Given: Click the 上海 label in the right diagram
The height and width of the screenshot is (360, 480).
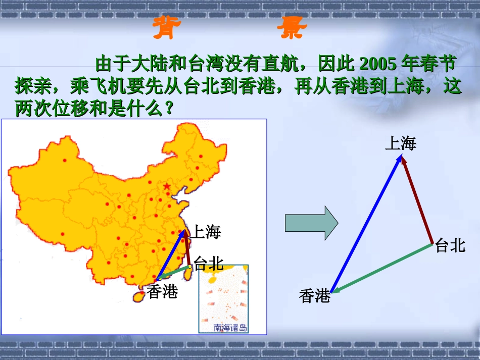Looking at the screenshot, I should point(401,144).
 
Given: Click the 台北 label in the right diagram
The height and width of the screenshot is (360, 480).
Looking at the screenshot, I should point(449,246).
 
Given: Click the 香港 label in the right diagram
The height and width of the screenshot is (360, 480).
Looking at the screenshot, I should point(314,296).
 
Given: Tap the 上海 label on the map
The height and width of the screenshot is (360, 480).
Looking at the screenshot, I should point(206,232).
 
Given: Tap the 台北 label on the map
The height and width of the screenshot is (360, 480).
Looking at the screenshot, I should point(208,263).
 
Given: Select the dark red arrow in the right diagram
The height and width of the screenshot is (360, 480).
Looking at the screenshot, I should point(417,200).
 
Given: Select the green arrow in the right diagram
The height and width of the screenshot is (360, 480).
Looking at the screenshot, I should point(382,268).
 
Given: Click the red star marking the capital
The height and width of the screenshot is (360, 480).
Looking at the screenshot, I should point(167,187).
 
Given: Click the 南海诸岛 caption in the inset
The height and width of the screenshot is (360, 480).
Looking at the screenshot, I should point(230,328).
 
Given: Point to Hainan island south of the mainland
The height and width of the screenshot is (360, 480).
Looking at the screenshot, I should point(137,296).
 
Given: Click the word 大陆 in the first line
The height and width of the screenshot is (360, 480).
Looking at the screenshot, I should point(147,64).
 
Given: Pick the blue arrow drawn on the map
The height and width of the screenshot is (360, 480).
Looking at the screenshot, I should point(171,255).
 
